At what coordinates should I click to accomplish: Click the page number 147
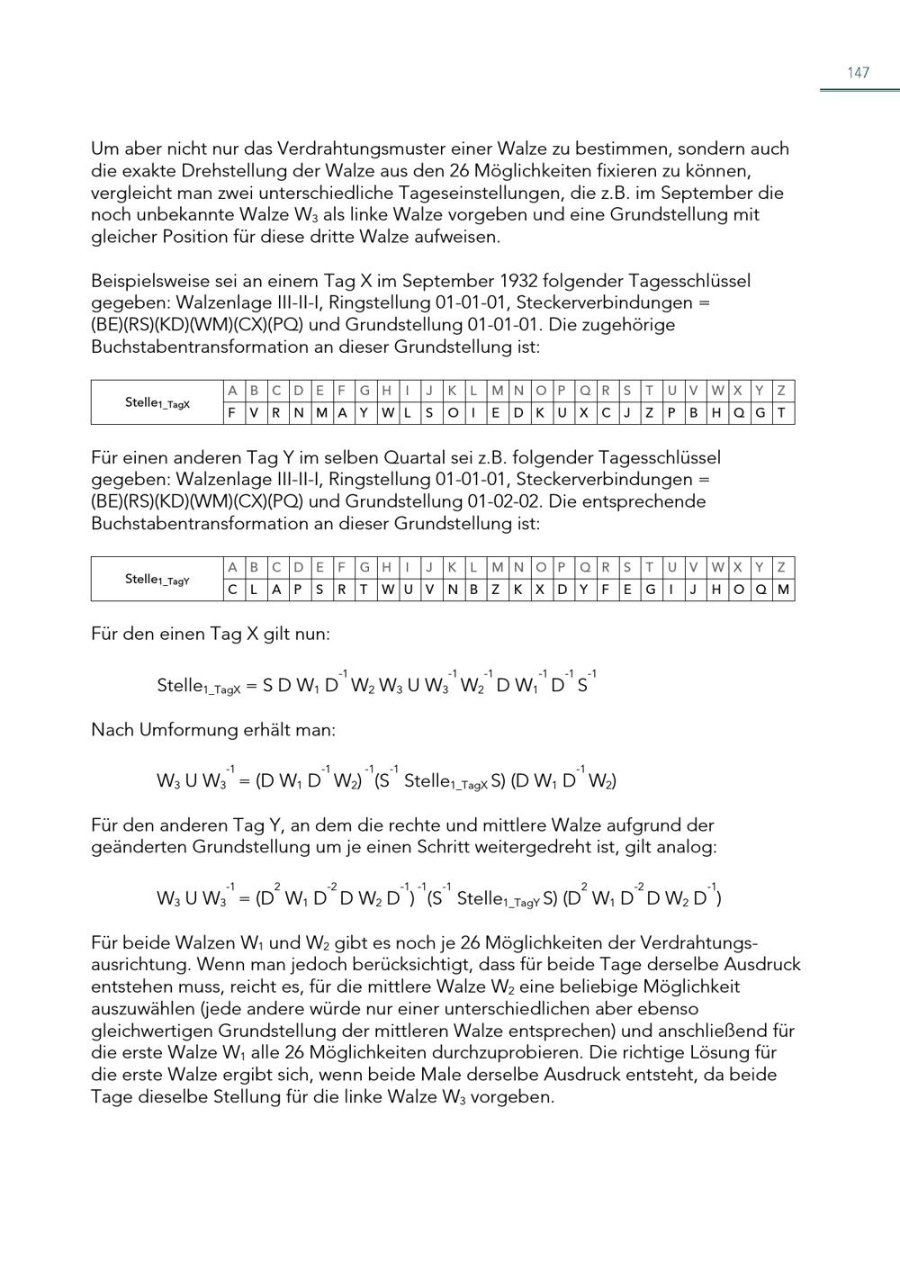(x=858, y=73)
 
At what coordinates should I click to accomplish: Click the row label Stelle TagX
(x=157, y=402)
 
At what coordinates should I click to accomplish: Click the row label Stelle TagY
(x=157, y=579)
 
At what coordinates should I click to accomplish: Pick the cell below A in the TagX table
(x=232, y=413)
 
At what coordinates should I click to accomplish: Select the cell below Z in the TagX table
(x=782, y=413)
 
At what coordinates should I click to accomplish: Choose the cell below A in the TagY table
(x=232, y=590)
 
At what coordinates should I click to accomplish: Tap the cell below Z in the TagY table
(x=782, y=590)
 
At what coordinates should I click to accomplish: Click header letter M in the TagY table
(x=497, y=567)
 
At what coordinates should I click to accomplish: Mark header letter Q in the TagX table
(x=585, y=391)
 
